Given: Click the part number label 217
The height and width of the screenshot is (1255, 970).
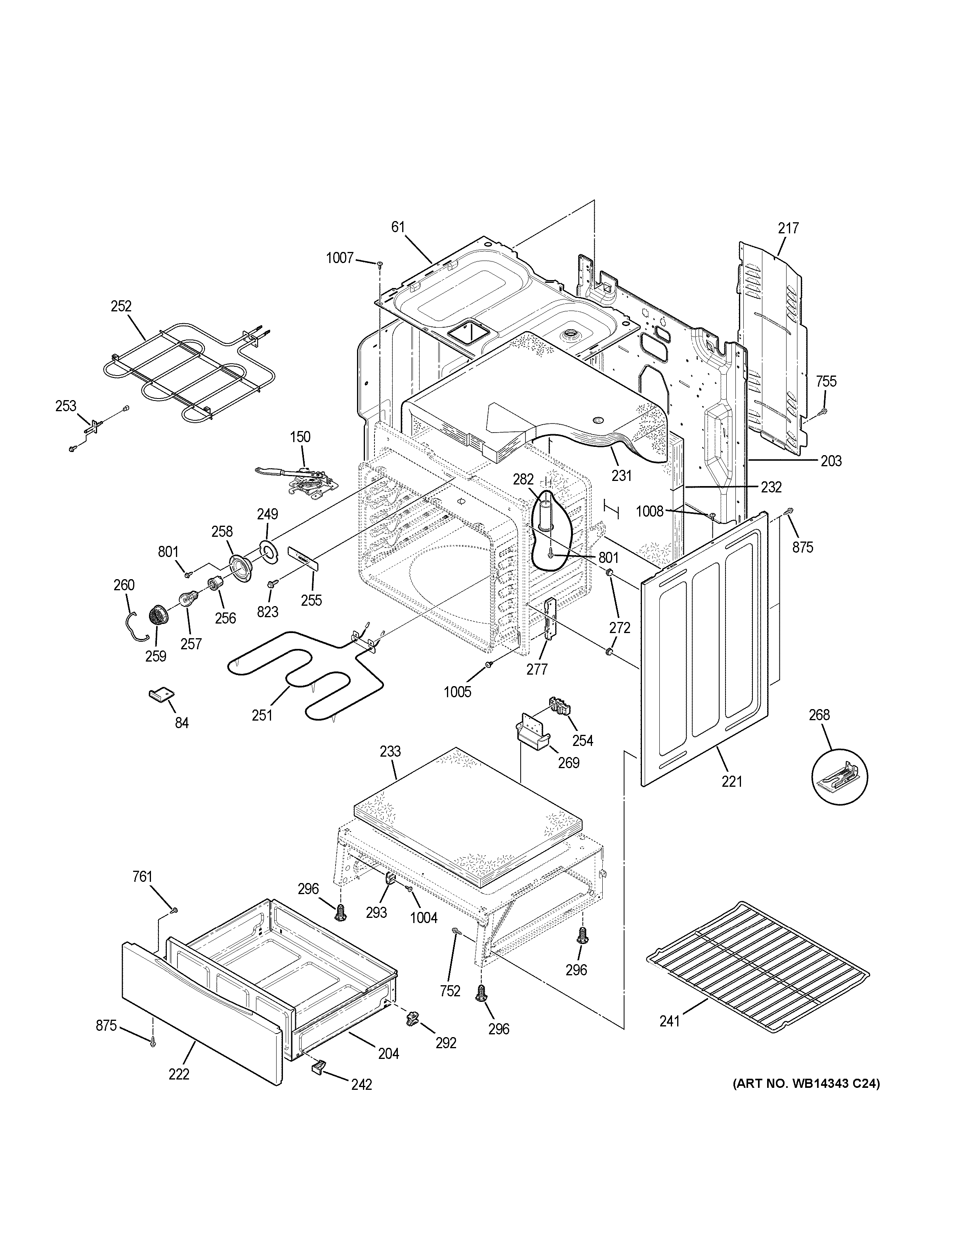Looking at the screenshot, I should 789,229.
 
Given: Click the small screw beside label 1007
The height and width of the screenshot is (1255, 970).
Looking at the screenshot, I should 379,264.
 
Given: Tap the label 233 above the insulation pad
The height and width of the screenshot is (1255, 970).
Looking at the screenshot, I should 390,751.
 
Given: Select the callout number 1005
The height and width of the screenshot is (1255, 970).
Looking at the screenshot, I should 457,692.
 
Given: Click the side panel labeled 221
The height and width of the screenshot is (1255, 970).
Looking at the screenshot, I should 704,649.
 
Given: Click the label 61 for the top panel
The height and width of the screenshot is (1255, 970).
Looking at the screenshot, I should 398,227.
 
